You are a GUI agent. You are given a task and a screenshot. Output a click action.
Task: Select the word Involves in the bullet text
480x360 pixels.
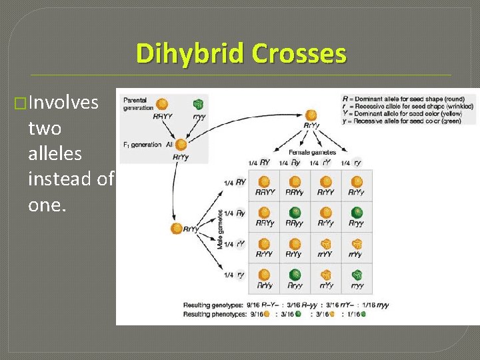[64, 102]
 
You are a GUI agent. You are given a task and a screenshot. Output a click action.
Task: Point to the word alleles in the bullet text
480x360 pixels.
[55, 153]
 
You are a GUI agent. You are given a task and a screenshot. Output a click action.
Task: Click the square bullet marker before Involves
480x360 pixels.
[20, 103]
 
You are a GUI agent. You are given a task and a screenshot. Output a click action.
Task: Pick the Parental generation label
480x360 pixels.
[135, 103]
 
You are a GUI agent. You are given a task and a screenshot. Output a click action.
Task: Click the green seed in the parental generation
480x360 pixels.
[197, 105]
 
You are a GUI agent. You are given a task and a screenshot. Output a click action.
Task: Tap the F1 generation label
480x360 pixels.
[142, 144]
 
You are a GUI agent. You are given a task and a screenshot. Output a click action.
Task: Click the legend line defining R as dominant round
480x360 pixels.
[407, 99]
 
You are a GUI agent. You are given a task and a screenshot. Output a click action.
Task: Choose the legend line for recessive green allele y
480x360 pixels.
[407, 121]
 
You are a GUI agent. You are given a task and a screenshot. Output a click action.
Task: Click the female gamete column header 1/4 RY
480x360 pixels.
[259, 163]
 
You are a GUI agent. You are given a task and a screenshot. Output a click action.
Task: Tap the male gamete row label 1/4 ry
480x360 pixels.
[236, 275]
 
